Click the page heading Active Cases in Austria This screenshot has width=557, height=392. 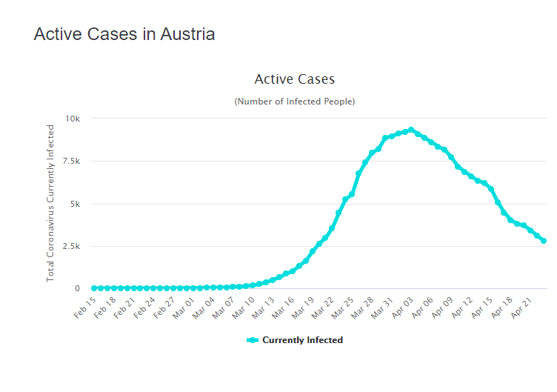click(124, 34)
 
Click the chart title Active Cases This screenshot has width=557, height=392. click(294, 79)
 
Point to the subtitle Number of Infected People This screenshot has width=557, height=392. click(294, 101)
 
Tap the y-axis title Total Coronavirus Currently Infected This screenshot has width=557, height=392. click(50, 203)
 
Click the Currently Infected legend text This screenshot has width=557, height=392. click(302, 340)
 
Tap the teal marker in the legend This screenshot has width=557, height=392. click(252, 340)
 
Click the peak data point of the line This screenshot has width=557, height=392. click(411, 130)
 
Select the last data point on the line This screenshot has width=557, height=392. click(544, 241)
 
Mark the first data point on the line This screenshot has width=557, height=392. click(94, 288)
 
